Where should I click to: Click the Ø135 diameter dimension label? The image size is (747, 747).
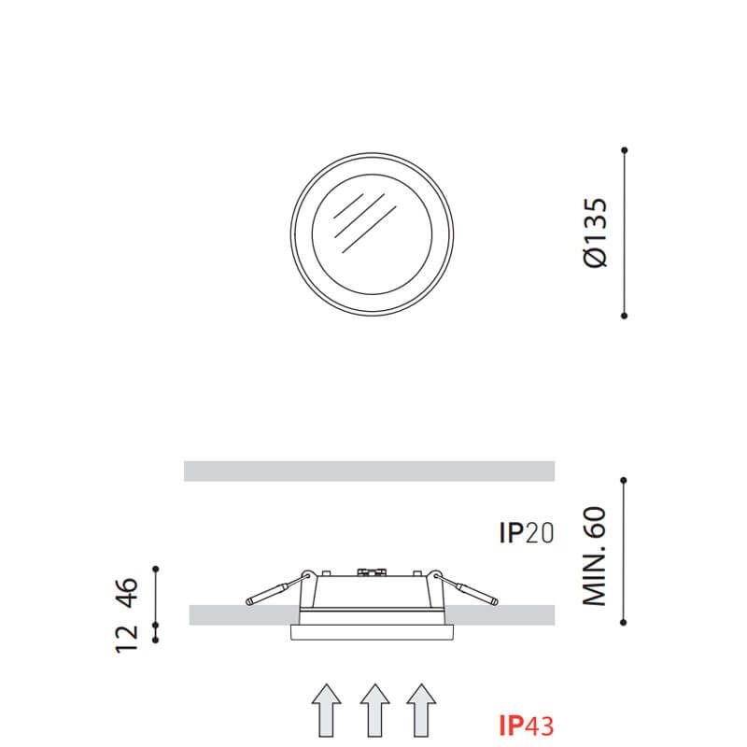tap(596, 233)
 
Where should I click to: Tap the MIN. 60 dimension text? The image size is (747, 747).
tap(594, 556)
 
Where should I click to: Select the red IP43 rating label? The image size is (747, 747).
tap(527, 726)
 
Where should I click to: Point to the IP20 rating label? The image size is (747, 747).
tap(527, 532)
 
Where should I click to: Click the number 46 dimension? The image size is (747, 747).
tap(127, 592)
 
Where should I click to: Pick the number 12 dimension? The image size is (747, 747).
tap(127, 639)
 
